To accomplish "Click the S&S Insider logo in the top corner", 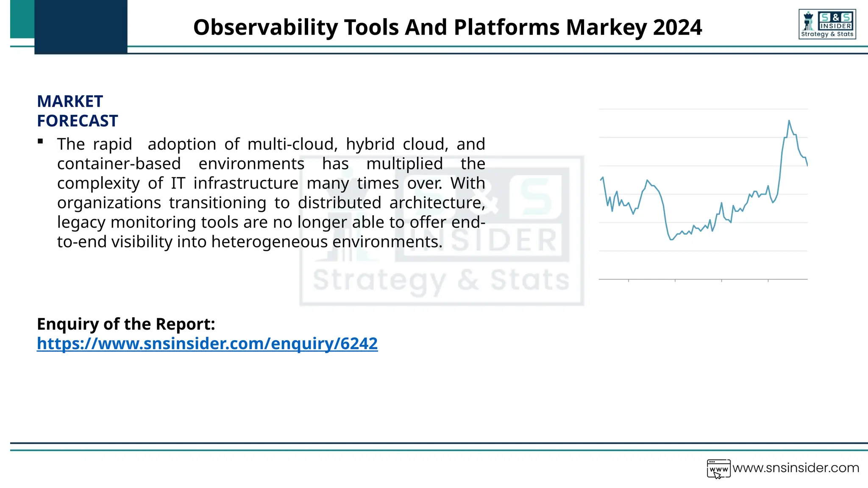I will pyautogui.click(x=827, y=25).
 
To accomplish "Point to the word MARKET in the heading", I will pyautogui.click(x=70, y=102).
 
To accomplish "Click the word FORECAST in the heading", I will pyautogui.click(x=78, y=121).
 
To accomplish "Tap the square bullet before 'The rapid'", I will pyautogui.click(x=40, y=141).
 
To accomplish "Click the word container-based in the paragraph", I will pyautogui.click(x=119, y=164).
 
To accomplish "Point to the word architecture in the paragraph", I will pyautogui.click(x=437, y=203).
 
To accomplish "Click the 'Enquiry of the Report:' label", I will pyautogui.click(x=126, y=324).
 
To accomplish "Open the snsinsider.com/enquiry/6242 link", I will pyautogui.click(x=207, y=344).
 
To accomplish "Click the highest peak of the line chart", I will pyautogui.click(x=789, y=121).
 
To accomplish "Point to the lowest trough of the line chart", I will pyautogui.click(x=671, y=240).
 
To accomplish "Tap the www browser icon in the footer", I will pyautogui.click(x=718, y=469).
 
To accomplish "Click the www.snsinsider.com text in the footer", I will pyautogui.click(x=796, y=468).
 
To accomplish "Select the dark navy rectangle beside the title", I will pyautogui.click(x=81, y=27).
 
